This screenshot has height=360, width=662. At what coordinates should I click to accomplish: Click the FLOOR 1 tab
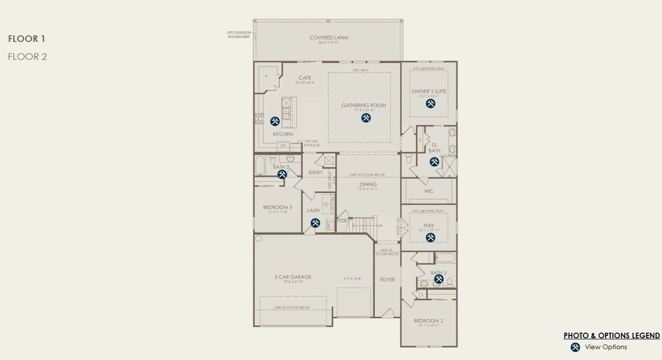pyautogui.click(x=27, y=39)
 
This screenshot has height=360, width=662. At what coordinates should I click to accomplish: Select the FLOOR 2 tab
pyautogui.click(x=28, y=57)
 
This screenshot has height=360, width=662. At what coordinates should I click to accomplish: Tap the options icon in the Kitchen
pyautogui.click(x=275, y=121)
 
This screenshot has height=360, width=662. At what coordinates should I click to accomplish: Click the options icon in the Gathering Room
pyautogui.click(x=366, y=118)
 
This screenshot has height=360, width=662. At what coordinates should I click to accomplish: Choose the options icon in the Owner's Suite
pyautogui.click(x=430, y=104)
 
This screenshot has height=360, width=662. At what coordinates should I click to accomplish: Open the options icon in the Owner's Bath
pyautogui.click(x=434, y=161)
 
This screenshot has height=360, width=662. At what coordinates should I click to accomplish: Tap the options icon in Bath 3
pyautogui.click(x=281, y=174)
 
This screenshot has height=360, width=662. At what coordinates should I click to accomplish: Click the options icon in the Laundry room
pyautogui.click(x=315, y=223)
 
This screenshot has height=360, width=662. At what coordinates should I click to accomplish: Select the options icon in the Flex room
pyautogui.click(x=430, y=238)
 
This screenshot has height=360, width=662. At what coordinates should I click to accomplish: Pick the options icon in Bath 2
pyautogui.click(x=438, y=279)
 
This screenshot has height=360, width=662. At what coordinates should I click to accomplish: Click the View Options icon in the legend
pyautogui.click(x=575, y=347)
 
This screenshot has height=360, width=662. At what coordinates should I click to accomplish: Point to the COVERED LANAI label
pyautogui.click(x=329, y=38)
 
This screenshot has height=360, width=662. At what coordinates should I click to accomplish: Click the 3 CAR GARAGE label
pyautogui.click(x=293, y=277)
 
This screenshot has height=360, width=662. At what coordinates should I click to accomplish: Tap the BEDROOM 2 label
pyautogui.click(x=428, y=320)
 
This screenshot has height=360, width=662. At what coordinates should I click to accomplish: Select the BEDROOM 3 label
pyautogui.click(x=277, y=207)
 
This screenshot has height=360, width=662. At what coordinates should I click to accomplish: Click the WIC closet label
pyautogui.click(x=428, y=191)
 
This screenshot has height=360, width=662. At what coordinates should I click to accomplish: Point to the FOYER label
pyautogui.click(x=387, y=280)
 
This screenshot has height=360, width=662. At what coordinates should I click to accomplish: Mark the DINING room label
pyautogui.click(x=368, y=184)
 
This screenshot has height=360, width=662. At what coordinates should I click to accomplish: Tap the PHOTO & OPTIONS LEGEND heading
pyautogui.click(x=612, y=335)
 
